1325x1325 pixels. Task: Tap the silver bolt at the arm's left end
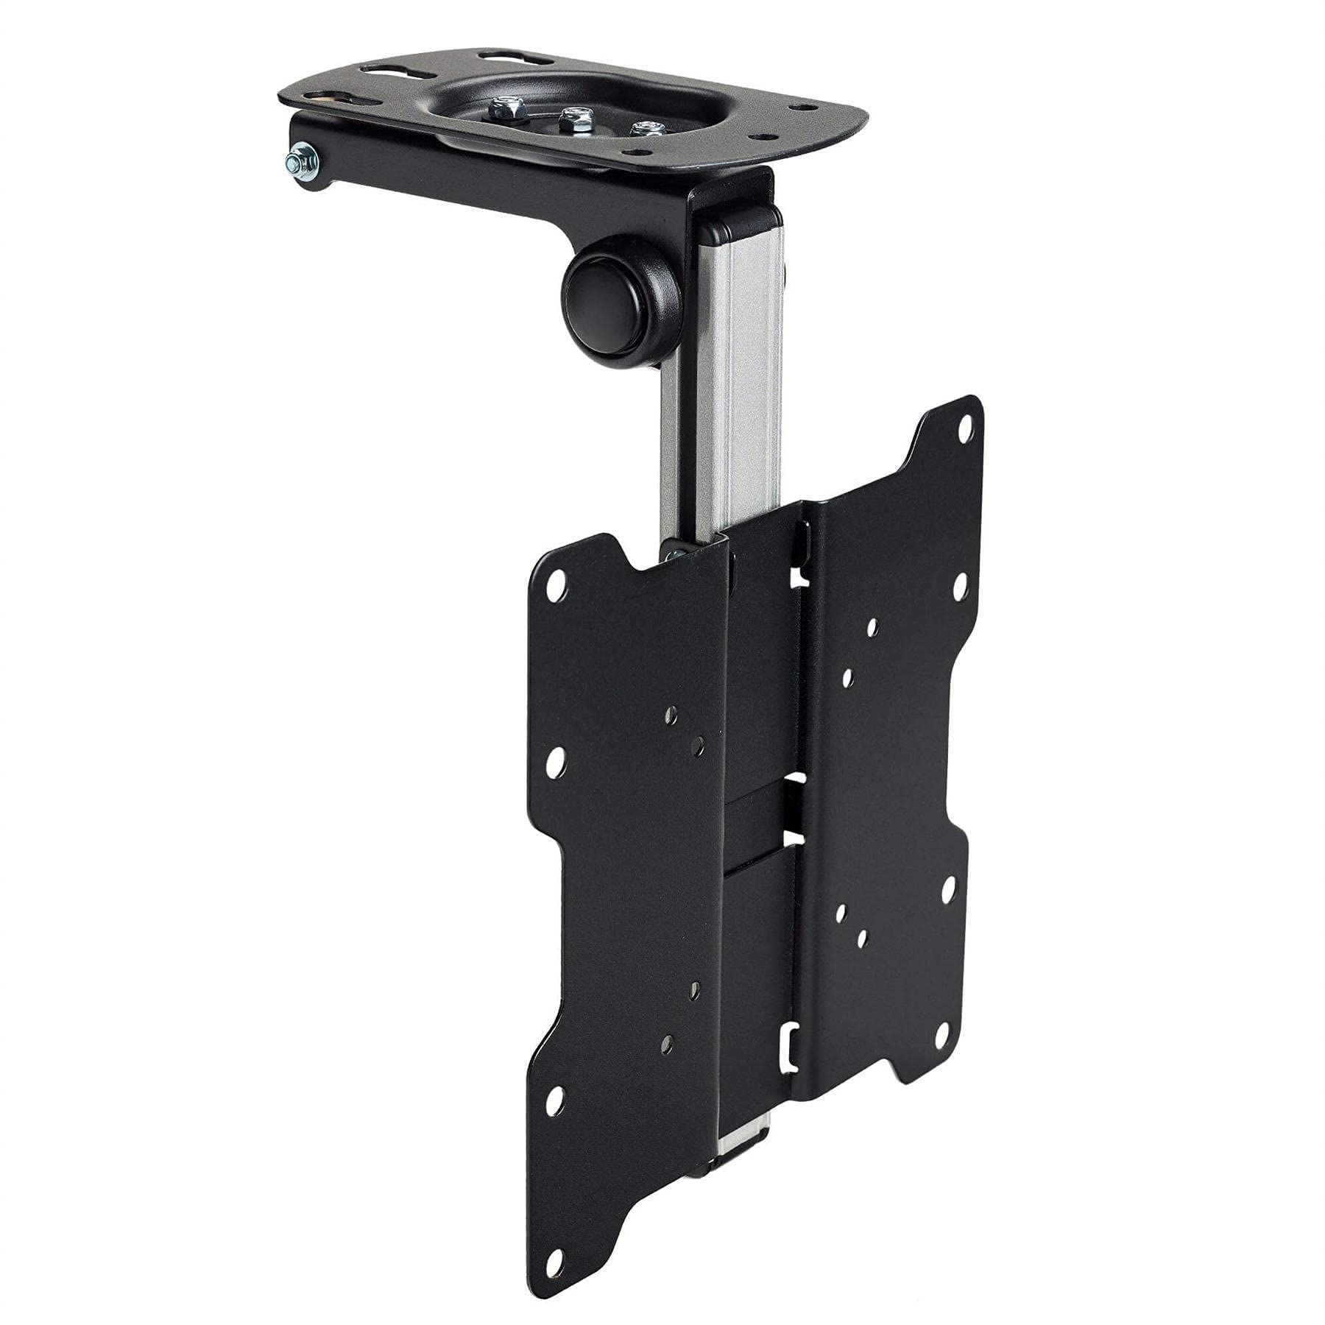tap(302, 178)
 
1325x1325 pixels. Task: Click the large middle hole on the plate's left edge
tap(556, 759)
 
